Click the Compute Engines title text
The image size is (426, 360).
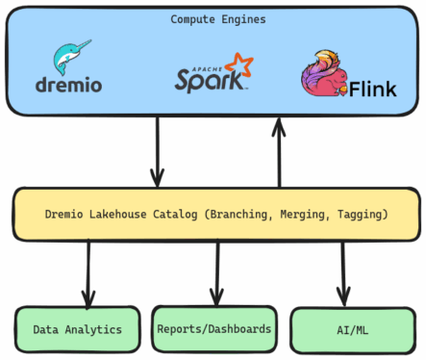[213, 18]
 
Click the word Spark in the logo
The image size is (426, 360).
[208, 80]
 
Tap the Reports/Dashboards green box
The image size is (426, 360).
[213, 328]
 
